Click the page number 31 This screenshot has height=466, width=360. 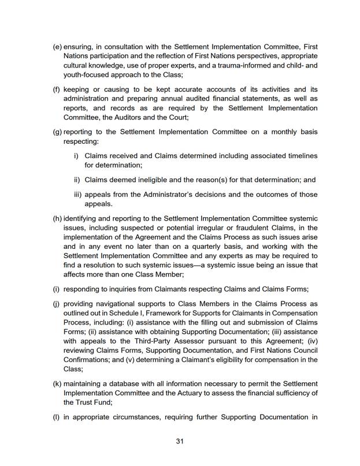click(x=180, y=441)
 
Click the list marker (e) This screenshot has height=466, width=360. click(x=57, y=46)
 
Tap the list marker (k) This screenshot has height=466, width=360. click(x=57, y=383)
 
